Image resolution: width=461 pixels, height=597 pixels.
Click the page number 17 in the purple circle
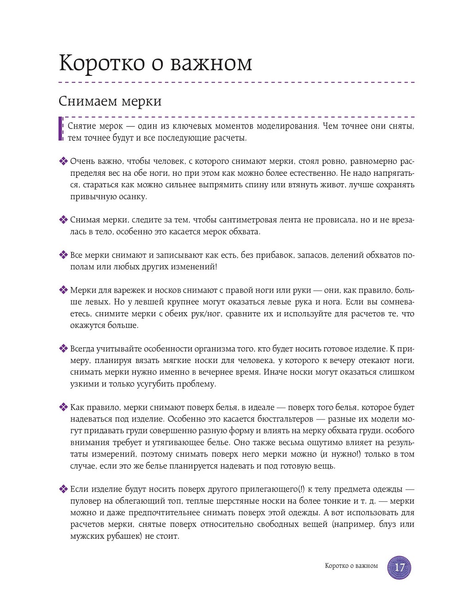click(x=399, y=567)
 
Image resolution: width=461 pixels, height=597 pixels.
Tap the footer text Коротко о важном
click(x=351, y=566)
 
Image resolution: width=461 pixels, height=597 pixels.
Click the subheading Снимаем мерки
click(x=110, y=101)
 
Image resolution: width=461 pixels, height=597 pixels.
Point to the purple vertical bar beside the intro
click(x=60, y=129)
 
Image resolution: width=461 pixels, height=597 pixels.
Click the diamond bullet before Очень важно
click(x=63, y=161)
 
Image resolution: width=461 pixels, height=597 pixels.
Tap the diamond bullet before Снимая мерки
click(x=63, y=220)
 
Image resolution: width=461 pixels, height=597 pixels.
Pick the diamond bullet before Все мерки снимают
click(x=63, y=255)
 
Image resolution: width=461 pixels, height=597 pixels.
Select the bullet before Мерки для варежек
click(x=63, y=290)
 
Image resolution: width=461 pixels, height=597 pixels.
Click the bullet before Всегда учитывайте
click(x=63, y=349)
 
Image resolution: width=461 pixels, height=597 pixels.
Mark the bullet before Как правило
click(x=63, y=407)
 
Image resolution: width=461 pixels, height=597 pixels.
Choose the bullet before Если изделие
click(x=63, y=489)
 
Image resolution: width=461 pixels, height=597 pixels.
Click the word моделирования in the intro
click(x=287, y=126)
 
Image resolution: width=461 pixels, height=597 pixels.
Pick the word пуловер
click(x=85, y=501)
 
